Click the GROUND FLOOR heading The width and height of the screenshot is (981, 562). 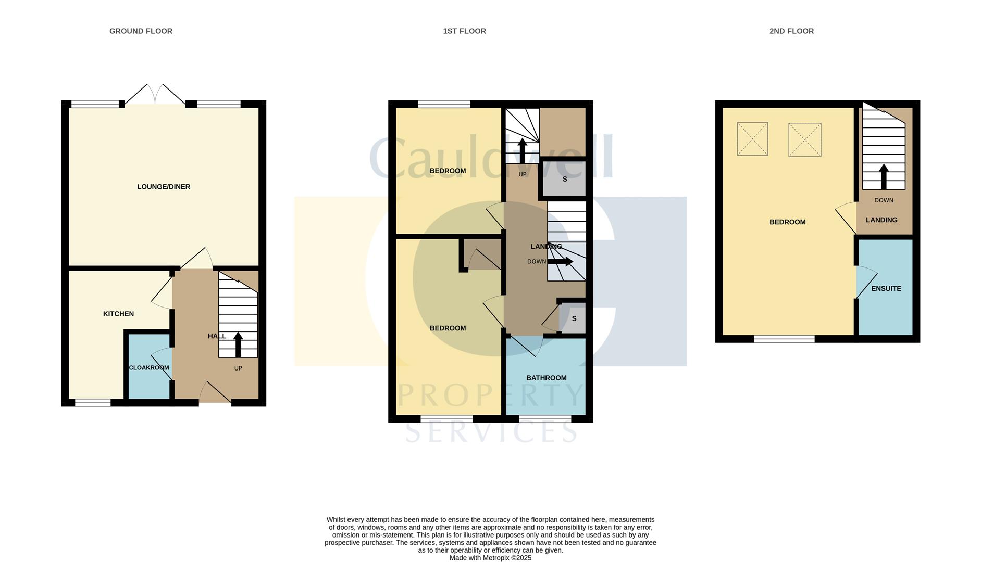tap(141, 31)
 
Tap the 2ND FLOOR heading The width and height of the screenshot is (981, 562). tap(791, 31)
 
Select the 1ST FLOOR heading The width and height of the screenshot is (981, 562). tap(464, 31)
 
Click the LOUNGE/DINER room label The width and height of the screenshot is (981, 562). tap(164, 187)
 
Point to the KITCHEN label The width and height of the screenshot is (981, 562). tap(118, 314)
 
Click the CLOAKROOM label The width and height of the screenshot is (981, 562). tap(149, 368)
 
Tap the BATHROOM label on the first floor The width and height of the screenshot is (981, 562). tap(546, 378)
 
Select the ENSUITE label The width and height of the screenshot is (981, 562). tap(886, 288)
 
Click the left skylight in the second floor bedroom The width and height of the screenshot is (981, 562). tap(752, 139)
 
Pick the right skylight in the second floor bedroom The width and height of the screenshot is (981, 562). tap(805, 139)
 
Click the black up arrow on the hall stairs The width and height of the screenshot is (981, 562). tap(238, 344)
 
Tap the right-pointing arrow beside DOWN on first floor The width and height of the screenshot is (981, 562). tap(560, 261)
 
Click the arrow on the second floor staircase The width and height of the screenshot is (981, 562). tap(884, 176)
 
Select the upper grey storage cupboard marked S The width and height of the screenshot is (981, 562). tap(564, 178)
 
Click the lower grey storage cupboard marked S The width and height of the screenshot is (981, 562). tap(573, 318)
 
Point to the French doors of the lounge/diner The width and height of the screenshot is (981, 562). tap(155, 94)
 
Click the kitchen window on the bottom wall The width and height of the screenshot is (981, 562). tap(93, 402)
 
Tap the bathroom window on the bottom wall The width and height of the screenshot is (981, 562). tap(545, 418)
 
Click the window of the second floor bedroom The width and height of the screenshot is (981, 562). tap(784, 339)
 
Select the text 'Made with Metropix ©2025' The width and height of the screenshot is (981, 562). tap(490, 558)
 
